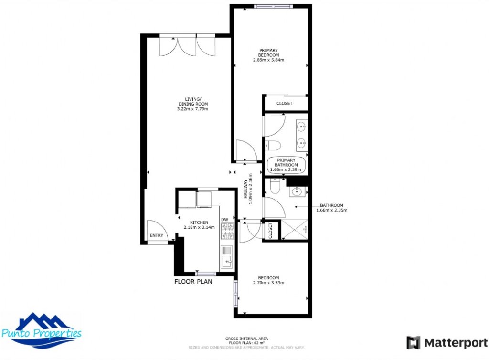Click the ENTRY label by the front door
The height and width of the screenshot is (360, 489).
156,235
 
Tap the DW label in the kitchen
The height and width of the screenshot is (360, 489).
224,220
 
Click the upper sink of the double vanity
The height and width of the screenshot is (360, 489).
301,127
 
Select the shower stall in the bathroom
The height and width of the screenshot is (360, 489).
294,230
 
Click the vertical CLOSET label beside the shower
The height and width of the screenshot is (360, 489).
270,231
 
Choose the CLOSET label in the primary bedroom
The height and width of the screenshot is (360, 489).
285,103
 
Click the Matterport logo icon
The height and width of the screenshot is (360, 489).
414,342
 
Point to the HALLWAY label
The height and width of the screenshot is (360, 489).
246,191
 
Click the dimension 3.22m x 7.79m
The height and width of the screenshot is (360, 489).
193,109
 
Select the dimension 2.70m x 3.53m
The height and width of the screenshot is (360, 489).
268,283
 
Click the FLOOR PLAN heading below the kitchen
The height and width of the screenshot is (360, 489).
193,282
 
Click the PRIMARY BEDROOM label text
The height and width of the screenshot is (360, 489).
268,53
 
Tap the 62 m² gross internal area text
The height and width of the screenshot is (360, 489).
246,343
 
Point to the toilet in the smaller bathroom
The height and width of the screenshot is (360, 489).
275,187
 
